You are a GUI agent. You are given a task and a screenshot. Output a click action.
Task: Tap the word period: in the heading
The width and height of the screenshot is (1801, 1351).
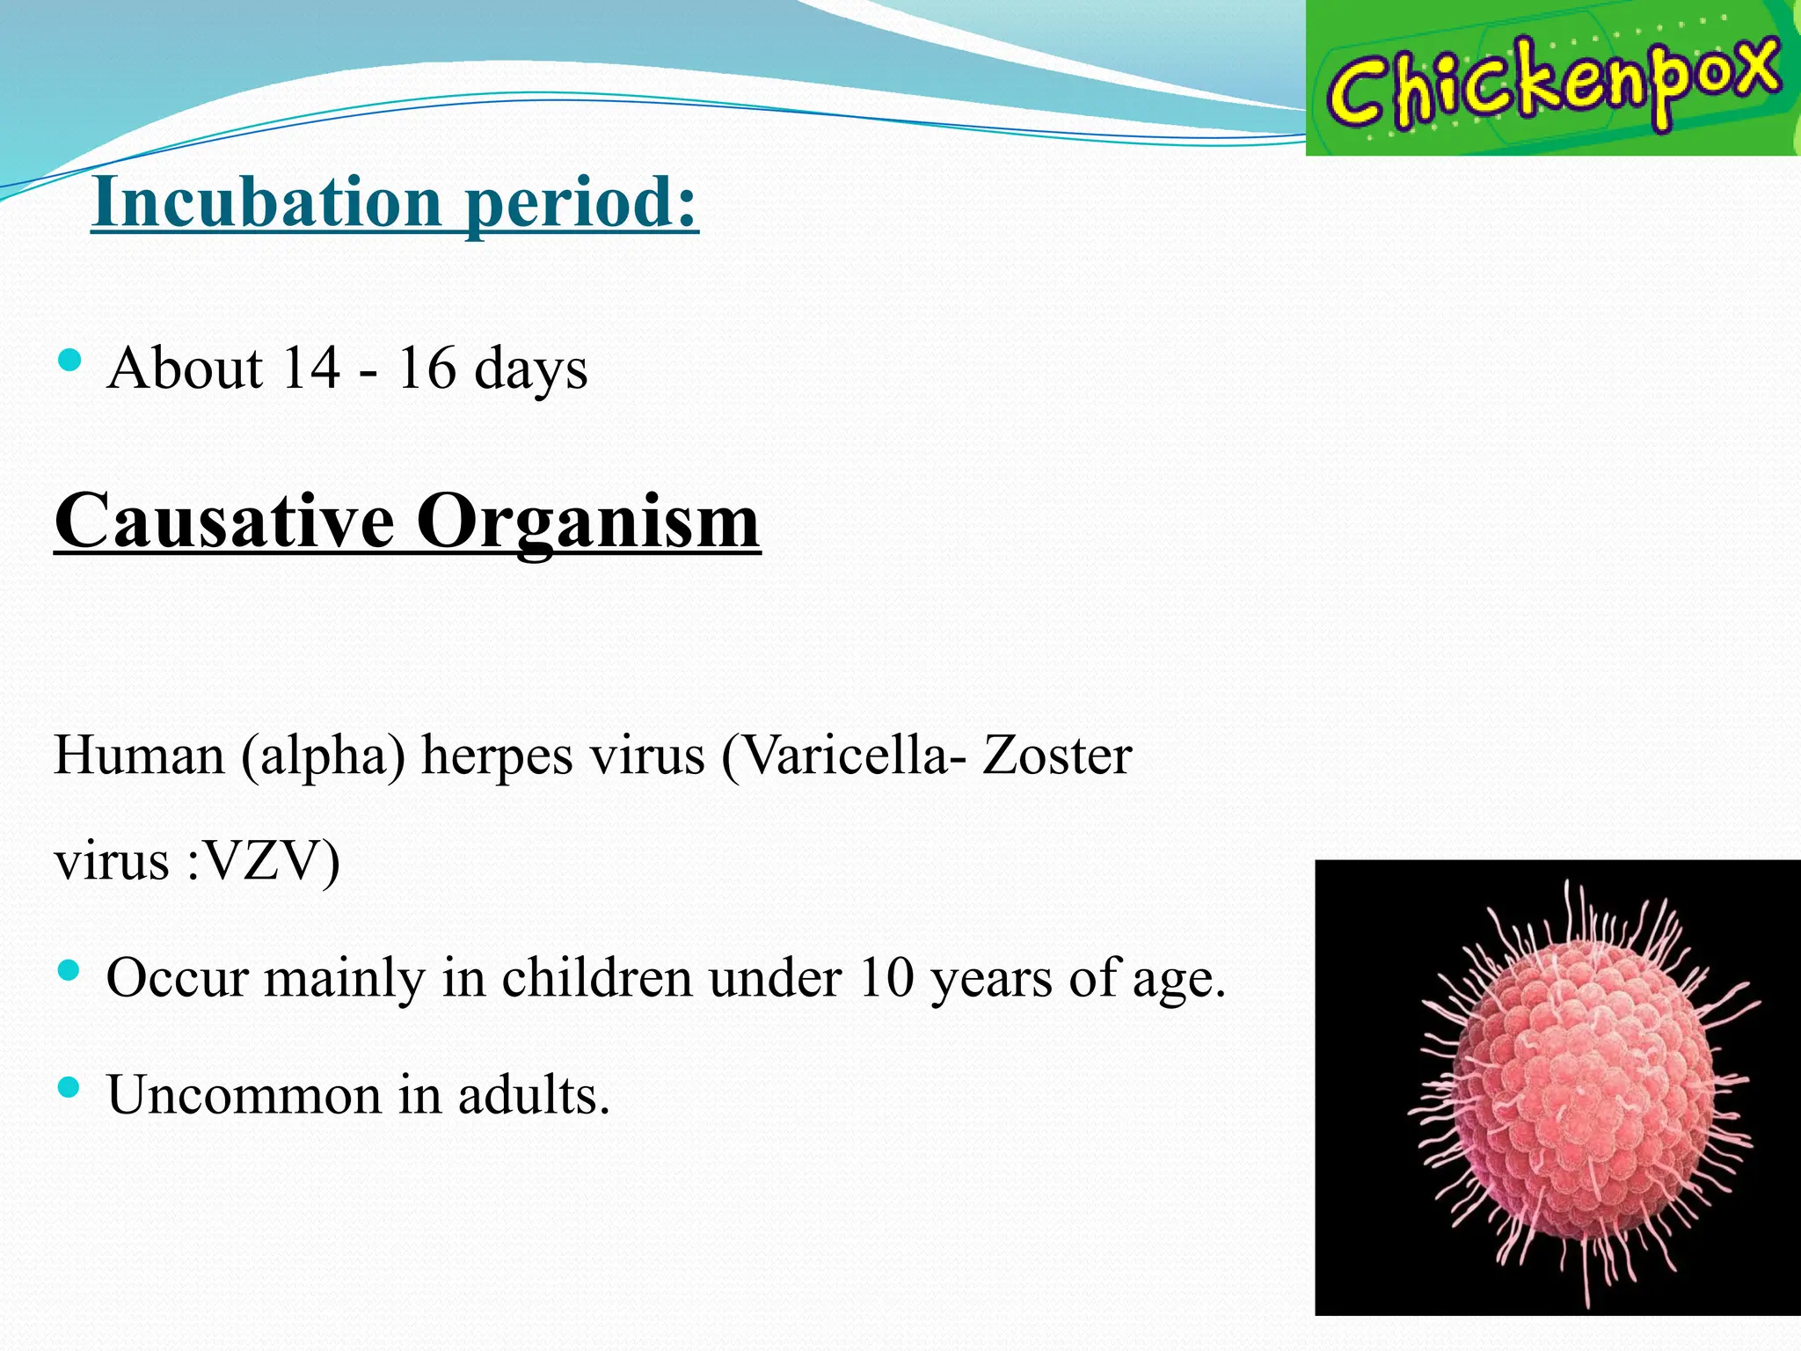581,204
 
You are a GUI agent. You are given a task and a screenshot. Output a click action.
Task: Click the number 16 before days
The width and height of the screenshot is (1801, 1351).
427,368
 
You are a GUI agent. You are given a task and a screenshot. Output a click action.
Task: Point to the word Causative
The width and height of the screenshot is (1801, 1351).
224,522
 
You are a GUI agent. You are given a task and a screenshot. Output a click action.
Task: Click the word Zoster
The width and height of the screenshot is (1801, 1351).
1056,755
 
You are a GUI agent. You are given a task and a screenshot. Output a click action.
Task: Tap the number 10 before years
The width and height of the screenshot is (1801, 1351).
886,977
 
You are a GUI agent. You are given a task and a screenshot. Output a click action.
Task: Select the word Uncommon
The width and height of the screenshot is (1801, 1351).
244,1096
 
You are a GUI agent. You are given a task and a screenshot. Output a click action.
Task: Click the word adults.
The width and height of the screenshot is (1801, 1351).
533,1096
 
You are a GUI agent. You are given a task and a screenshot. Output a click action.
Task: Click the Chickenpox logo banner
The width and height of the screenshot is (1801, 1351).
1552,78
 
